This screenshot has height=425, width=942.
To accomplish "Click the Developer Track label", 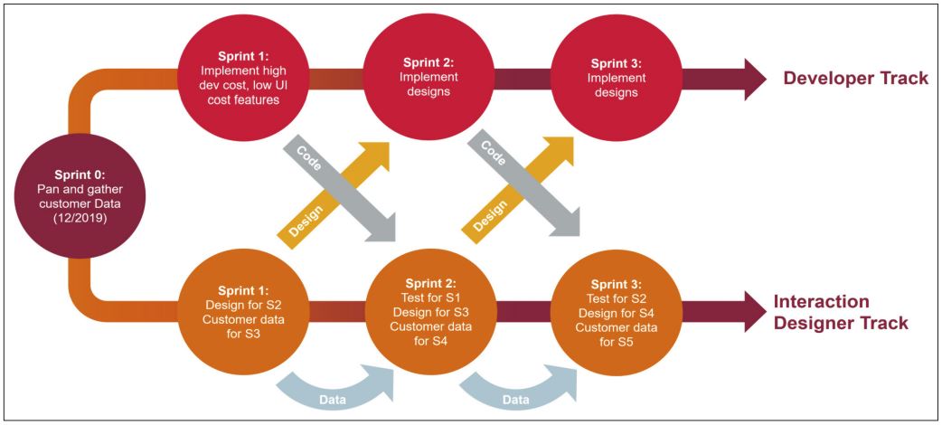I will (x=855, y=79).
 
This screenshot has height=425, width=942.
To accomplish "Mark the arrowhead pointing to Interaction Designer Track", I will (x=753, y=313).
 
